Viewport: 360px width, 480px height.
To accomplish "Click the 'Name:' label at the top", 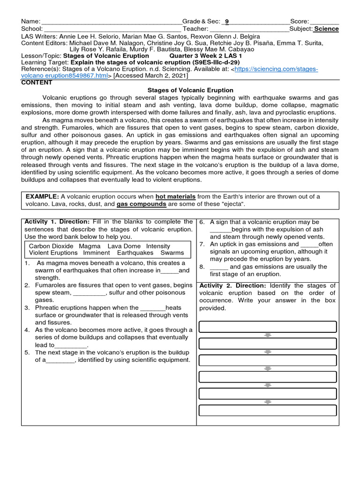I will pyautogui.click(x=31, y=22).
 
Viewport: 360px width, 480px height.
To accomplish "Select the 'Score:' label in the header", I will pyautogui.click(x=300, y=22).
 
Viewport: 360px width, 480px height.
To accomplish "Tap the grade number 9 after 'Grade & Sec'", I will pyautogui.click(x=227, y=22).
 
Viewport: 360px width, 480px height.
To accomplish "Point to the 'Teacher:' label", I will pyautogui.click(x=195, y=29).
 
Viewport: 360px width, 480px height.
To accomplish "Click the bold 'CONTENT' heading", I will pyautogui.click(x=37, y=82).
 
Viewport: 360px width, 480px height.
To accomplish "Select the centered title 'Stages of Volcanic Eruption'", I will pyautogui.click(x=190, y=90).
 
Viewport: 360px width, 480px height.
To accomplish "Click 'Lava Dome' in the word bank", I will pyautogui.click(x=124, y=246).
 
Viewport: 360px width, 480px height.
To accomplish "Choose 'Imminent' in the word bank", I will pyautogui.click(x=97, y=253).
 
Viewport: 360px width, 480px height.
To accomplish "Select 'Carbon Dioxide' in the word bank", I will pyautogui.click(x=51, y=246).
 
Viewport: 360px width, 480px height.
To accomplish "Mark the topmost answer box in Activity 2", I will pyautogui.click(x=268, y=327).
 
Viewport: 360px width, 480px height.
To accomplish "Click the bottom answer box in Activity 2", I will pyautogui.click(x=268, y=410).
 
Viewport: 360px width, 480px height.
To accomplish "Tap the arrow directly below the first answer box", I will pyautogui.click(x=268, y=335).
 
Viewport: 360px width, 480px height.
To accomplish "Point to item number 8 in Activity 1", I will pyautogui.click(x=202, y=267).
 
